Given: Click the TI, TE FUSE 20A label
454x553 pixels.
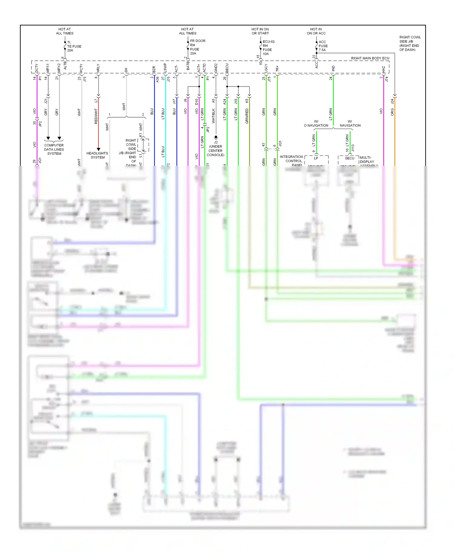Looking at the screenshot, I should pos(74,46).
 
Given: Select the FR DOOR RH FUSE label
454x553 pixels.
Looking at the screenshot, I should pos(197,47).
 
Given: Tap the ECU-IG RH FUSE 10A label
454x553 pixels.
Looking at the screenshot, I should pos(268,47).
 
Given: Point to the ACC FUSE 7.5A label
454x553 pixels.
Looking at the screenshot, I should pos(323,46).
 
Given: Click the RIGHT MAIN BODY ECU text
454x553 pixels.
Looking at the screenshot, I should pos(370,58).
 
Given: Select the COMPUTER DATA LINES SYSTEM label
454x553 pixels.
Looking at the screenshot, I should pos(54,149).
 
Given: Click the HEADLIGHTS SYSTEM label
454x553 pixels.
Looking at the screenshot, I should pos(97,155).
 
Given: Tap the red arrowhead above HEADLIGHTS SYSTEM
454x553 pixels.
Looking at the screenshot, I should pos(98,149).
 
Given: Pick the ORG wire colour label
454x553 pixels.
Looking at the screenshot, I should pos(392,112).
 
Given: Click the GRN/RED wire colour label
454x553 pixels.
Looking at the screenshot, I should pos(247,116).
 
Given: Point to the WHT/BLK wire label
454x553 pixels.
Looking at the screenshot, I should pos(213,116).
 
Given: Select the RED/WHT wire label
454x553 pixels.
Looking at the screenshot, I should pos(96,116).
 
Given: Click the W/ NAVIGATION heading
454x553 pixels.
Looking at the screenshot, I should pos(350,123).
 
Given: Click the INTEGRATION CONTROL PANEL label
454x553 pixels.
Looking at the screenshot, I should pos(291,161).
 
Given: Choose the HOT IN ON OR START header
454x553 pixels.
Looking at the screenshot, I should pos(260,31).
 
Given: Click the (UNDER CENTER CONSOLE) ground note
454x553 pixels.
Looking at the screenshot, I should pos(215,151).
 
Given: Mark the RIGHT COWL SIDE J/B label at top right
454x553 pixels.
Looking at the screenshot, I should pos(410,43).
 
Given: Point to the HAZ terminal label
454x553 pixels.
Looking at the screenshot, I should pos(383,70).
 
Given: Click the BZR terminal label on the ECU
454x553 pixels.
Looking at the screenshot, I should pos(154,69).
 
